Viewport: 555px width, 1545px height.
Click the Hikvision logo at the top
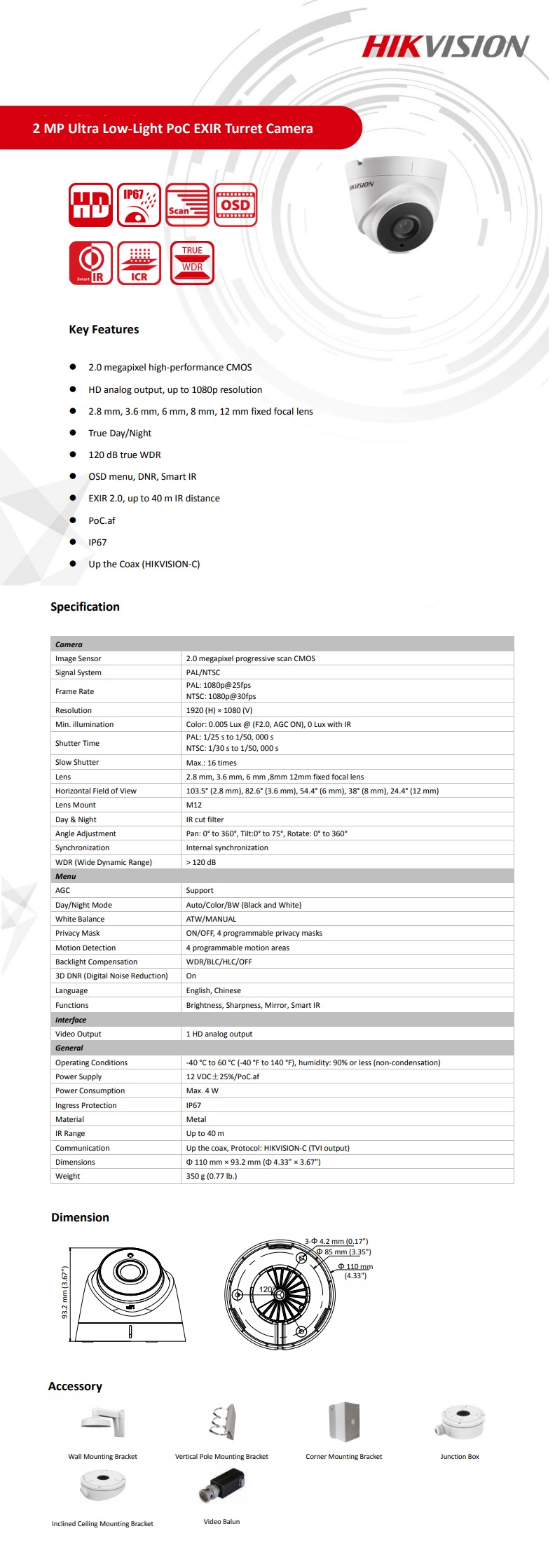click(445, 47)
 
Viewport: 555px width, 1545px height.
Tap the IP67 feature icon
click(139, 205)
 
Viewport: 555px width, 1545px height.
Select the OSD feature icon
click(235, 205)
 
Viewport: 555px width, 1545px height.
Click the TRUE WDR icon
click(192, 263)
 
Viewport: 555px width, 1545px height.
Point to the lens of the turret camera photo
click(402, 228)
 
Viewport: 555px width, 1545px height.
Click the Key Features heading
click(104, 329)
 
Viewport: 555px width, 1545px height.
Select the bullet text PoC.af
click(102, 520)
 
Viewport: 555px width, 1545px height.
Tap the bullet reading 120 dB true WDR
click(125, 455)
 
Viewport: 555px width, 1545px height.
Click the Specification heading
click(85, 607)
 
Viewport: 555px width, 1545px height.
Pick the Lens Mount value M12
click(194, 805)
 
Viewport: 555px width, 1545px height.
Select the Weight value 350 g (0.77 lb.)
click(212, 1176)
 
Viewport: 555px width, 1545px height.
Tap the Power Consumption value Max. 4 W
click(203, 1090)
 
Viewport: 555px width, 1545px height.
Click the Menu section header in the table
click(66, 876)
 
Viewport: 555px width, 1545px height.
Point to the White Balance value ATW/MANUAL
click(211, 919)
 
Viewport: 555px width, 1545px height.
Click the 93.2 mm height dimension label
click(65, 1292)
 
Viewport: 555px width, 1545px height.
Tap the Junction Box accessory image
click(461, 1421)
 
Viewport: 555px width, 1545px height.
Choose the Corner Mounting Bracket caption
click(344, 1456)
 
